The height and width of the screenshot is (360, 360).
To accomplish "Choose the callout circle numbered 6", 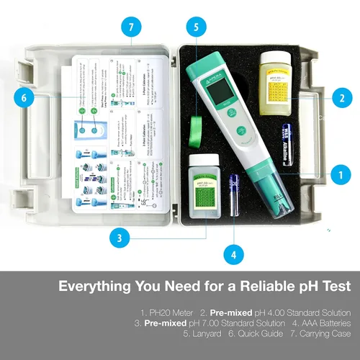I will pyautogui.click(x=24, y=97).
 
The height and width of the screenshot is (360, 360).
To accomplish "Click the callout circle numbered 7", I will pyautogui.click(x=130, y=28).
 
